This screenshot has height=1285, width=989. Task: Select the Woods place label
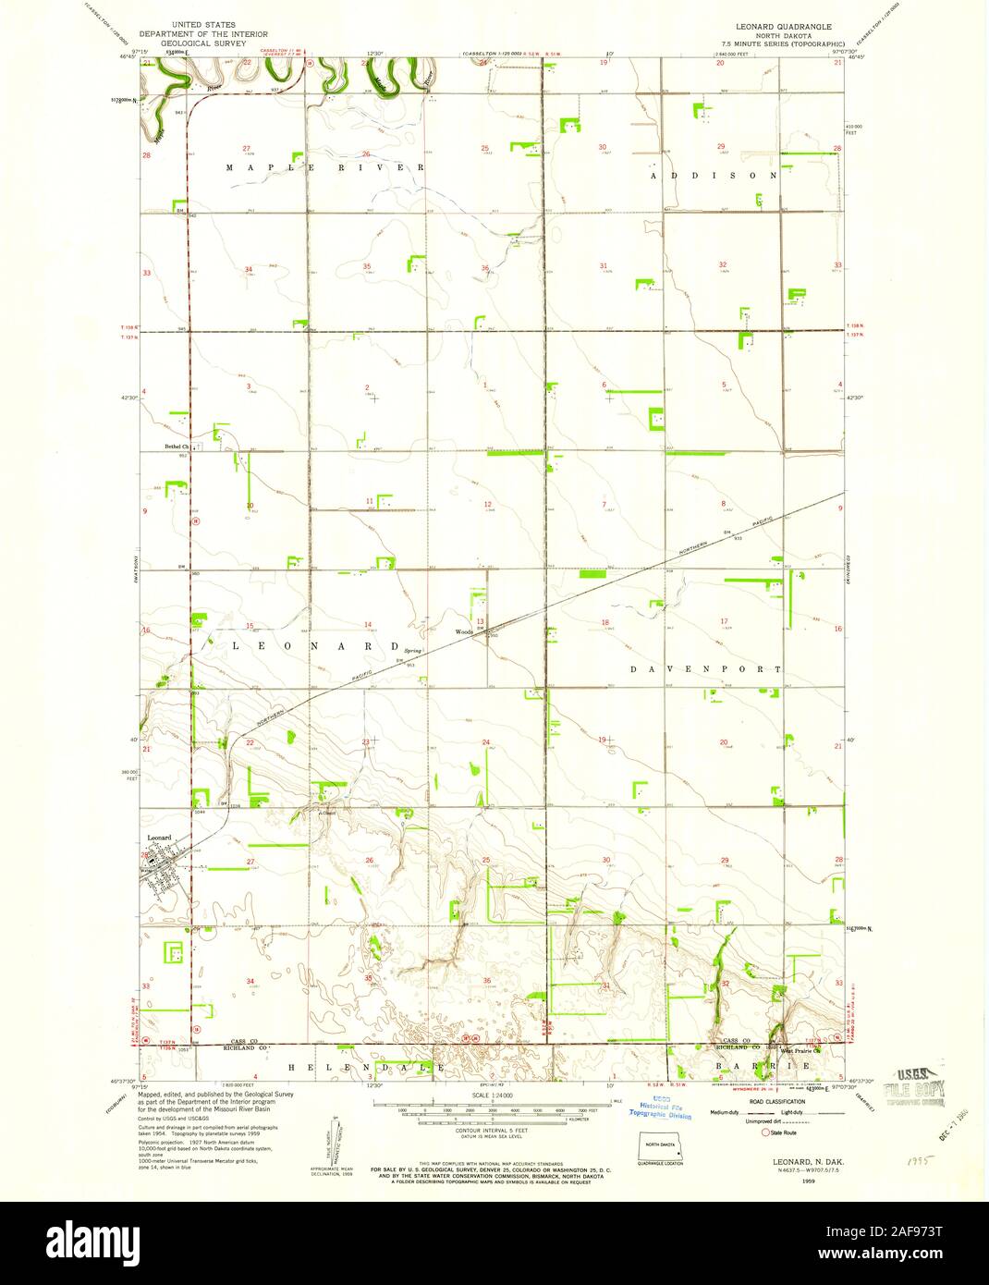coord(463,632)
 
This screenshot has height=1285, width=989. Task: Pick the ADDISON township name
coord(714,175)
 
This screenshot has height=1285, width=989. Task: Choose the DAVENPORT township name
coord(706,668)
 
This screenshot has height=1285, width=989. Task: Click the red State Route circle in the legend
coord(765,1131)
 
